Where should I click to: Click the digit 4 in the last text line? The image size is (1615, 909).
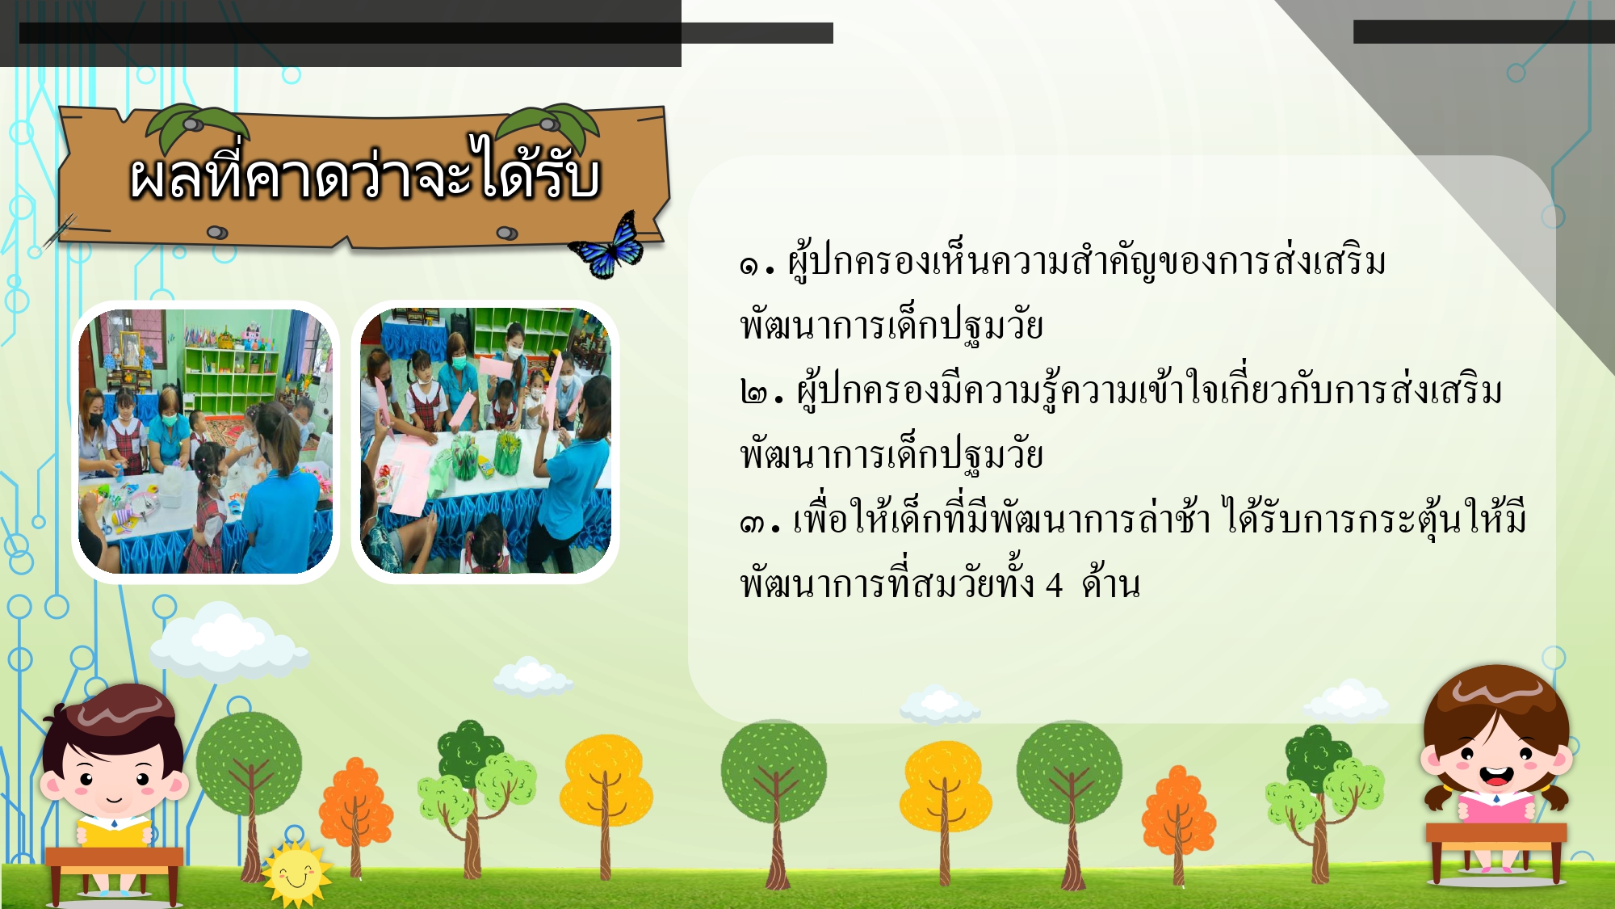point(1054,584)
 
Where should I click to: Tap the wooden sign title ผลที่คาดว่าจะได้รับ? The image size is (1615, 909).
point(365,171)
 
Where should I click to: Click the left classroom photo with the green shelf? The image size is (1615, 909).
point(205,441)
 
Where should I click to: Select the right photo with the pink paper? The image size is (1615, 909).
point(485,441)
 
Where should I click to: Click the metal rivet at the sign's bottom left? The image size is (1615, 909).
point(217,233)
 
